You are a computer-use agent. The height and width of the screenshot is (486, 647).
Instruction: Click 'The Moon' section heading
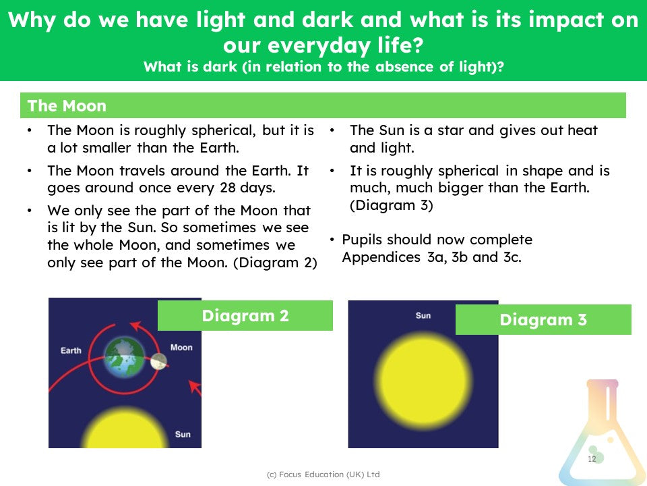(67, 106)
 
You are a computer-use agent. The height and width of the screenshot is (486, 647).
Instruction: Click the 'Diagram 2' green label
(245, 315)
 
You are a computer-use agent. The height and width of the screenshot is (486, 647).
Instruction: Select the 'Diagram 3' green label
(543, 319)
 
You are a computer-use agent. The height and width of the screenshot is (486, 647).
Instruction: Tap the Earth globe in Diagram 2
(125, 358)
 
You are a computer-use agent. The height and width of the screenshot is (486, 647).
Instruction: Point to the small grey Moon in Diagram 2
(159, 362)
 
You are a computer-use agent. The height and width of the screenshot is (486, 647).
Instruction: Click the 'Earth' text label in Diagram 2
(71, 350)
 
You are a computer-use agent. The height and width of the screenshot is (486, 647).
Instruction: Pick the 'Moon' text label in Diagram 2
(181, 347)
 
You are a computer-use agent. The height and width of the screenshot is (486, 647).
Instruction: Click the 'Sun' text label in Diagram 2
(183, 434)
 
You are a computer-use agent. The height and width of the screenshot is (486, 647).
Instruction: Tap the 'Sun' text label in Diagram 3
(423, 315)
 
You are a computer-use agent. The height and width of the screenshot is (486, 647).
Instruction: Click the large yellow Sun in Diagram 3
(424, 379)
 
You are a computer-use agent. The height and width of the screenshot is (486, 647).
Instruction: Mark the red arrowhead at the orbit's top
(136, 327)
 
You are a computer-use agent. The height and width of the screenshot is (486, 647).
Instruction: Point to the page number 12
(592, 459)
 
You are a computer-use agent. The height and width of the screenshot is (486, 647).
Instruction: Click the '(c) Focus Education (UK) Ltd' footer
(323, 475)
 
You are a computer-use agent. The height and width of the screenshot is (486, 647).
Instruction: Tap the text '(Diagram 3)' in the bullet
(391, 205)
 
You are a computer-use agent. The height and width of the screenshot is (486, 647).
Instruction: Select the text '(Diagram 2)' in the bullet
(275, 263)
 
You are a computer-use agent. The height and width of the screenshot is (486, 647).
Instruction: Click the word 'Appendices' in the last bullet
(381, 257)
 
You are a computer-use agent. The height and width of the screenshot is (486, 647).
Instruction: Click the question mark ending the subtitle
(501, 67)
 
